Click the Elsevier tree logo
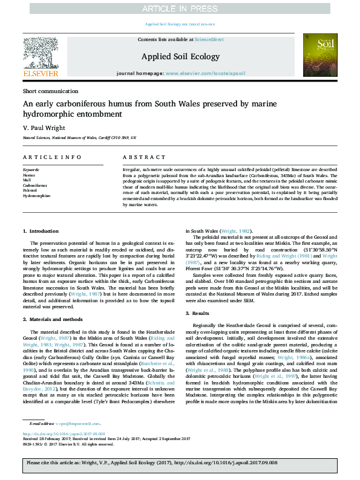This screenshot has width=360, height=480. click(x=40, y=53)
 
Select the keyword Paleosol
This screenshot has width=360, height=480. click(x=31, y=190)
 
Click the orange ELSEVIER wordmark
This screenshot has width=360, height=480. click(x=40, y=74)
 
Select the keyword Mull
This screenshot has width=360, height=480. click(x=27, y=180)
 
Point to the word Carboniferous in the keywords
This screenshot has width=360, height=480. click(x=34, y=186)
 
